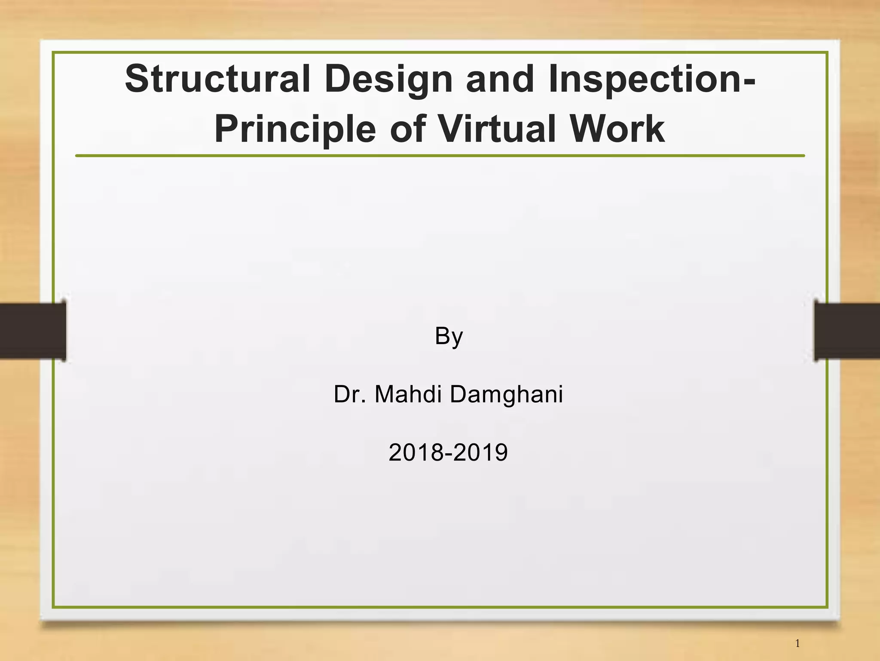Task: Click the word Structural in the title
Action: tap(217, 79)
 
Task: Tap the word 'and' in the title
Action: tap(500, 79)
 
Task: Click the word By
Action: tap(449, 336)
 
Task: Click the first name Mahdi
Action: tap(408, 394)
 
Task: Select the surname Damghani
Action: tap(506, 395)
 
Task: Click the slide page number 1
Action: tap(797, 643)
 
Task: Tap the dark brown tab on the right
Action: tap(846, 330)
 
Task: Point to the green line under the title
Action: tap(440, 156)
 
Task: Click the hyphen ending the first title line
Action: tap(749, 81)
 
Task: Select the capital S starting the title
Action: tap(137, 79)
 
